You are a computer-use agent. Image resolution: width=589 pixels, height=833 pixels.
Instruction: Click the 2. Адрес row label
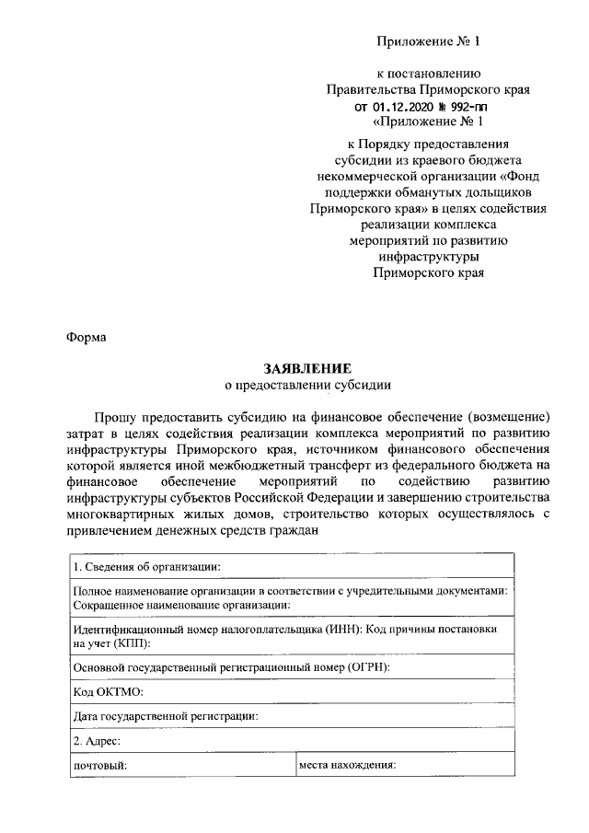97,740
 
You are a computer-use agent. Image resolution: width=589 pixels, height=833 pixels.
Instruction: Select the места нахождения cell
347,765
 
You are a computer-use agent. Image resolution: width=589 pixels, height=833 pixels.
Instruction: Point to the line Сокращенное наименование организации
181,604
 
